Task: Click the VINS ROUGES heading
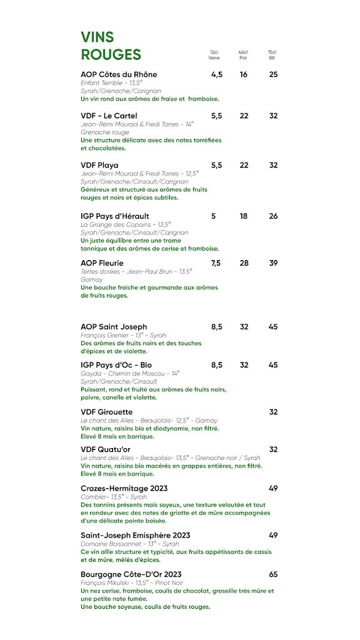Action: [x=111, y=46]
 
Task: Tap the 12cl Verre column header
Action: [x=214, y=55]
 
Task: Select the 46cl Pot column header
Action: [x=243, y=55]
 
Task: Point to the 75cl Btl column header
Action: [x=272, y=55]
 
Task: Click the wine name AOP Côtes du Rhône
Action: [x=119, y=74]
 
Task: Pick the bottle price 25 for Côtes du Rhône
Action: [x=274, y=74]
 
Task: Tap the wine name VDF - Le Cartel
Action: [x=109, y=116]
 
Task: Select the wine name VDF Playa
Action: [x=99, y=165]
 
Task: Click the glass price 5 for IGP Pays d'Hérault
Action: [x=213, y=216]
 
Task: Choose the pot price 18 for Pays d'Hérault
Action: [x=244, y=216]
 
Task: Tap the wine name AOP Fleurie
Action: [x=102, y=263]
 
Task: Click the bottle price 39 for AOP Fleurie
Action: [x=274, y=263]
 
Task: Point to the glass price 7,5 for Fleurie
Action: [x=216, y=263]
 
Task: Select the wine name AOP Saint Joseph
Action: [x=114, y=327]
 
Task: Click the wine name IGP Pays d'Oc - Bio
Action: [x=116, y=365]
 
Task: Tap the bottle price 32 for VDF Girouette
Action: [x=274, y=412]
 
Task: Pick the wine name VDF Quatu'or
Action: [x=106, y=449]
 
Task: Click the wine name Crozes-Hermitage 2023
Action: [x=124, y=488]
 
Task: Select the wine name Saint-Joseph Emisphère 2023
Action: [x=136, y=536]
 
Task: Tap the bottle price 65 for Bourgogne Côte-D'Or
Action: [x=274, y=574]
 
